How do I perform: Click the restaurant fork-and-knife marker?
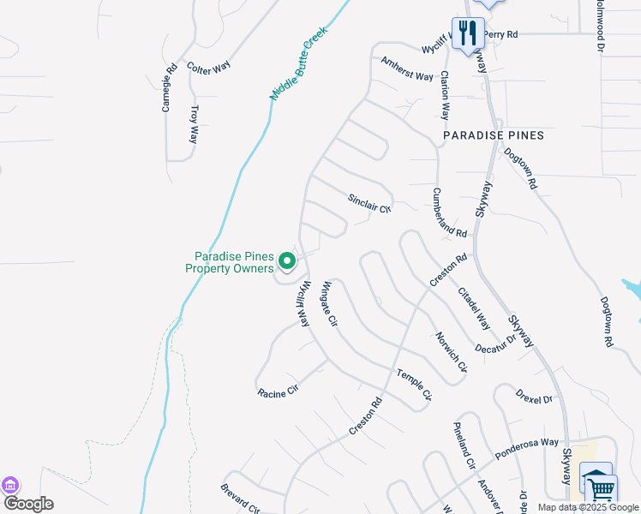pyautogui.click(x=468, y=33)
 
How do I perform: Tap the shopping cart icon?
pyautogui.click(x=602, y=490)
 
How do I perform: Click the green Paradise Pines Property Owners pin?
pyautogui.click(x=289, y=261)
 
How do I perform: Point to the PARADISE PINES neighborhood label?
pyautogui.click(x=494, y=135)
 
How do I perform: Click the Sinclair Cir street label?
pyautogui.click(x=369, y=203)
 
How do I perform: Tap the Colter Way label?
pyautogui.click(x=209, y=69)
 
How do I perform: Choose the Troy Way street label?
pyautogui.click(x=195, y=123)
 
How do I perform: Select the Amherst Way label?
pyautogui.click(x=407, y=69)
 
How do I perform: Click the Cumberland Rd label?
pyautogui.click(x=449, y=213)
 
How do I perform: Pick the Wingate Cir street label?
pyautogui.click(x=330, y=305)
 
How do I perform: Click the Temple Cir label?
pyautogui.click(x=413, y=384)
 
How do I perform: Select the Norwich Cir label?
pyautogui.click(x=452, y=353)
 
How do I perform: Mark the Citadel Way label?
pyautogui.click(x=474, y=309)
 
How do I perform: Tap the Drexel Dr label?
pyautogui.click(x=535, y=397)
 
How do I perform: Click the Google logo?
pyautogui.click(x=28, y=504)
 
